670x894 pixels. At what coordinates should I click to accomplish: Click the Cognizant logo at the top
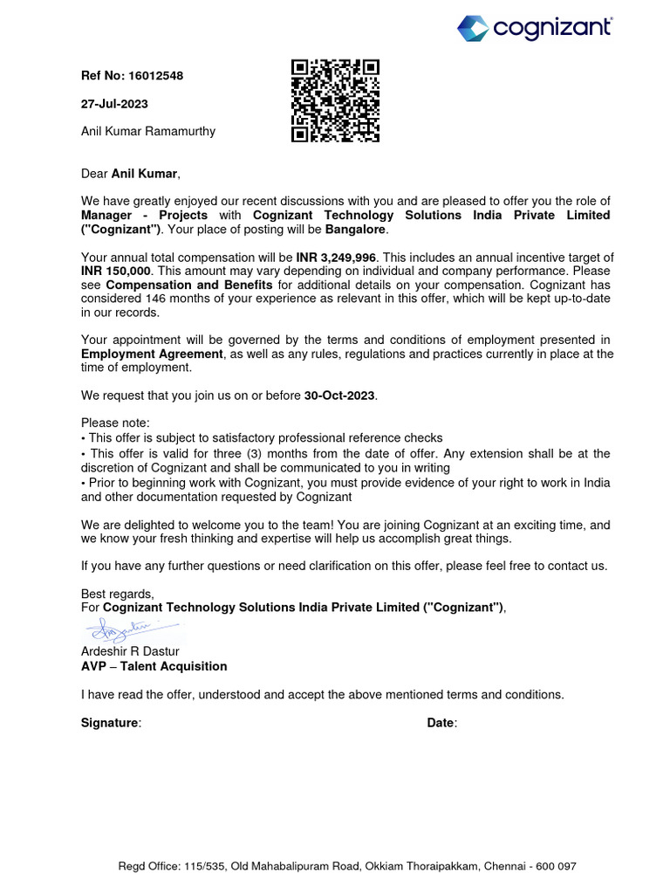535,28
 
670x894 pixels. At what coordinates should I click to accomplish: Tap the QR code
335,100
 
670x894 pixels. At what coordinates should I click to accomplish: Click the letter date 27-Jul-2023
114,104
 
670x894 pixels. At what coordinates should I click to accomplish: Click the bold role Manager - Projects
144,215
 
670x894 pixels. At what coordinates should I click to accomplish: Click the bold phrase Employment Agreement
152,354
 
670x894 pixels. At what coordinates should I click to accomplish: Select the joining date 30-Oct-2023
339,395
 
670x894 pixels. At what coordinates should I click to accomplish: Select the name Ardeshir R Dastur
131,652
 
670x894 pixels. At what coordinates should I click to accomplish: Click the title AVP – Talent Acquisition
154,666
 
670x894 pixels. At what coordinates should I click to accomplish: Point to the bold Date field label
441,723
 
